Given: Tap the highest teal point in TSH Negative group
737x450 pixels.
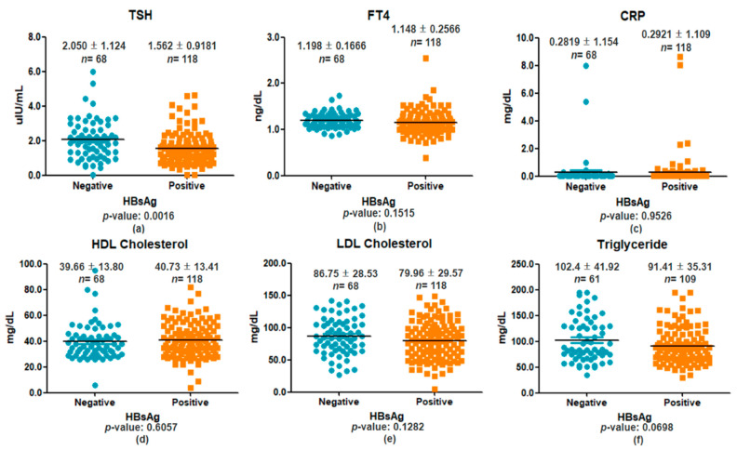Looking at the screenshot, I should click(91, 72).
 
